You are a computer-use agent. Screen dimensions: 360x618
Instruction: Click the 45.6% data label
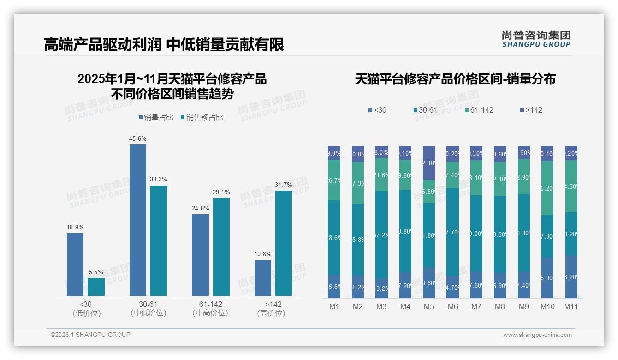(137, 138)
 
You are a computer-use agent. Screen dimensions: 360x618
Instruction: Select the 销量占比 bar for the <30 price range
(75, 264)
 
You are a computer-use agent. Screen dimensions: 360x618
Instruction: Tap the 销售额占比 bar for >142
(283, 243)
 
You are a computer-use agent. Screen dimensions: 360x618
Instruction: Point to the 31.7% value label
(283, 185)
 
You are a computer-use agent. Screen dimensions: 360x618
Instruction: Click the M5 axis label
(429, 306)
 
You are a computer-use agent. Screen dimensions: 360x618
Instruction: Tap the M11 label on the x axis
(571, 306)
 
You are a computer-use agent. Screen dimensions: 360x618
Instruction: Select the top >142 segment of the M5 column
(429, 162)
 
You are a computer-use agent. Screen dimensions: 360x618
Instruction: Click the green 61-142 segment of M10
(547, 188)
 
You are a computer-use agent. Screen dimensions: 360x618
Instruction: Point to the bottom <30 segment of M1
(334, 286)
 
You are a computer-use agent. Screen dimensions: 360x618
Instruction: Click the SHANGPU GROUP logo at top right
(536, 39)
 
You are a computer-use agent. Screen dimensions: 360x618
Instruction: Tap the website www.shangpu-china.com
(537, 335)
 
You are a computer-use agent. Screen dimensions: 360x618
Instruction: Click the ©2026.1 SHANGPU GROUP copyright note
(90, 335)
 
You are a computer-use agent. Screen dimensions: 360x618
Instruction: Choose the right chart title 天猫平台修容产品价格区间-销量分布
(455, 79)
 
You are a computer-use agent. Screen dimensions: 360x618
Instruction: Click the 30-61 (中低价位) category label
(148, 309)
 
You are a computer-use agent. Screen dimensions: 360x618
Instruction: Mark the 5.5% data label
(96, 272)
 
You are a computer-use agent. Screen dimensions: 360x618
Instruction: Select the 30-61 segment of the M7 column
(476, 233)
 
